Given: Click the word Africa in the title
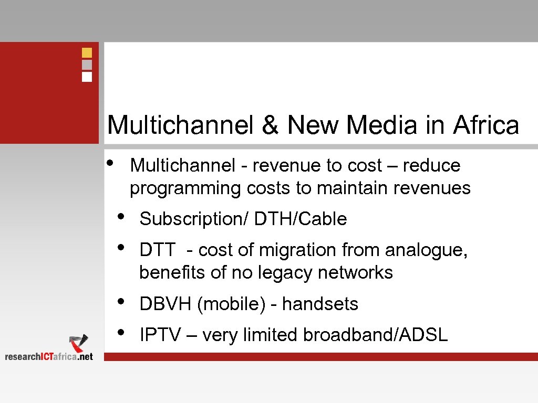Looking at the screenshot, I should (486, 125).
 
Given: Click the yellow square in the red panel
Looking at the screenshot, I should (87, 52).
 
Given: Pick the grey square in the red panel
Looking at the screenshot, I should (87, 65).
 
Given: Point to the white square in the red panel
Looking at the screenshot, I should (87, 77).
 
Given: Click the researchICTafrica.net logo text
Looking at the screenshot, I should (49, 356).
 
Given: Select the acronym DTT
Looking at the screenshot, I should (157, 250).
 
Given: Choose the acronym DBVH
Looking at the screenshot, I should (165, 304).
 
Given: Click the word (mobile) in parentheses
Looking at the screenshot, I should (231, 304).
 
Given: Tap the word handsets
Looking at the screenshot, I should (320, 304).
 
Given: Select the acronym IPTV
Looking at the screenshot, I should (160, 335).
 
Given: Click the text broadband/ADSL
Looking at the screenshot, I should (375, 335).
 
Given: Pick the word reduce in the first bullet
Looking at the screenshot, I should (431, 166).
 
